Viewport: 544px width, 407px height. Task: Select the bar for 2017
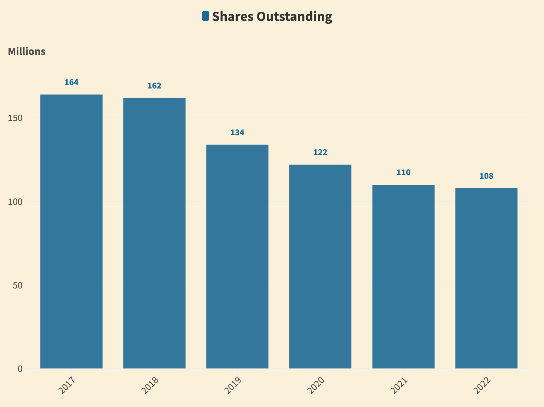[x=71, y=231]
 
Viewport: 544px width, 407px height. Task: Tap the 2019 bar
[x=237, y=256]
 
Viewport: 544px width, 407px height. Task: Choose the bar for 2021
[x=403, y=276]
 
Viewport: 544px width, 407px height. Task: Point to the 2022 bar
[x=486, y=278]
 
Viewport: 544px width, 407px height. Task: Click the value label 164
[x=71, y=82]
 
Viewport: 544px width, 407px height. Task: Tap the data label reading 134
[x=237, y=133]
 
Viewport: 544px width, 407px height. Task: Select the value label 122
[x=320, y=153]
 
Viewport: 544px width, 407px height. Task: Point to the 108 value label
[x=486, y=176]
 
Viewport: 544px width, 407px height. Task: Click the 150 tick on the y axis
[x=15, y=118]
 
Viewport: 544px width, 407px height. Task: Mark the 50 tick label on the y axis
[x=18, y=285]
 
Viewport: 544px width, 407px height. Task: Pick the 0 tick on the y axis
[x=20, y=369]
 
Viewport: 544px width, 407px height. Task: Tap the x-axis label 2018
[x=150, y=385]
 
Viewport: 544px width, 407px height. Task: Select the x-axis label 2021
[x=399, y=385]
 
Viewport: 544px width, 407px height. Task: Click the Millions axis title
[x=27, y=52]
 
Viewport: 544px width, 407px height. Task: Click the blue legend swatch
[x=205, y=16]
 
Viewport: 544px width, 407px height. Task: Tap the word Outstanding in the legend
[x=294, y=17]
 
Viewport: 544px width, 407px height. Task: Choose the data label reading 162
[x=154, y=86]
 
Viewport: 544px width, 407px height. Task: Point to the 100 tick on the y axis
[x=15, y=202]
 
